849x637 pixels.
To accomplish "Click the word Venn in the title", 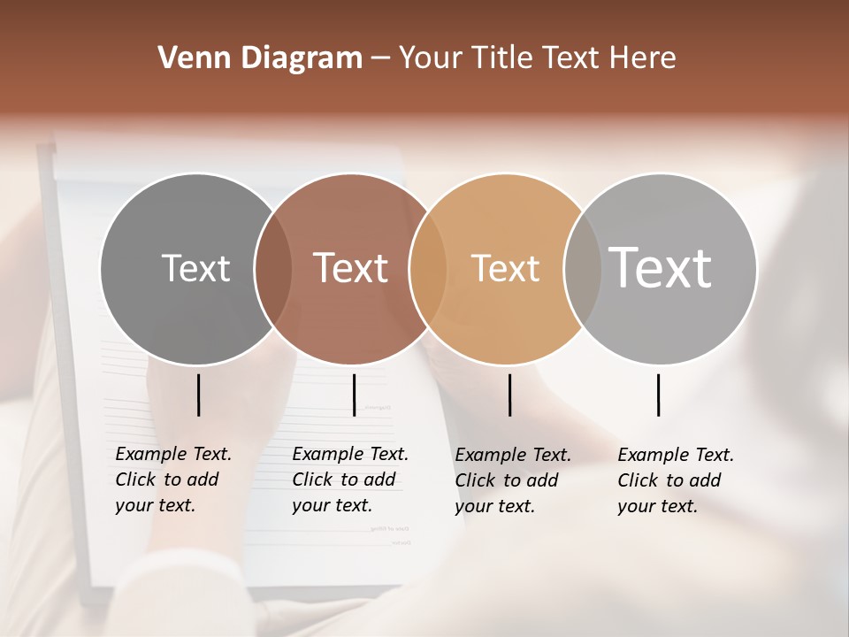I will [x=187, y=58].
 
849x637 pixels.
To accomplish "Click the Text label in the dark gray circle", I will [x=195, y=268].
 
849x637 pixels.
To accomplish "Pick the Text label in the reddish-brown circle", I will [x=350, y=268].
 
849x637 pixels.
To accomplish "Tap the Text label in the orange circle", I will [x=505, y=268].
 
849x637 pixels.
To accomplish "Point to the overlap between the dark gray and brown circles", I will [x=273, y=269].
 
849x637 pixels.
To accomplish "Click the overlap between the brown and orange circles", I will [x=428, y=269].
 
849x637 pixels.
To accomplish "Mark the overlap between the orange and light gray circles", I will [x=583, y=269].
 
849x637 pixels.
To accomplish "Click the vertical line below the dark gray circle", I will [x=199, y=395].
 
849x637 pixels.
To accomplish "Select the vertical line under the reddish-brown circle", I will [x=354, y=395].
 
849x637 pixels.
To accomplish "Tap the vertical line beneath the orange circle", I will [x=509, y=395].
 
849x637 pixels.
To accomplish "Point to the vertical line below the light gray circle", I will [x=659, y=395].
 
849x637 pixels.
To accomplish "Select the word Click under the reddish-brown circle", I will [x=311, y=480].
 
